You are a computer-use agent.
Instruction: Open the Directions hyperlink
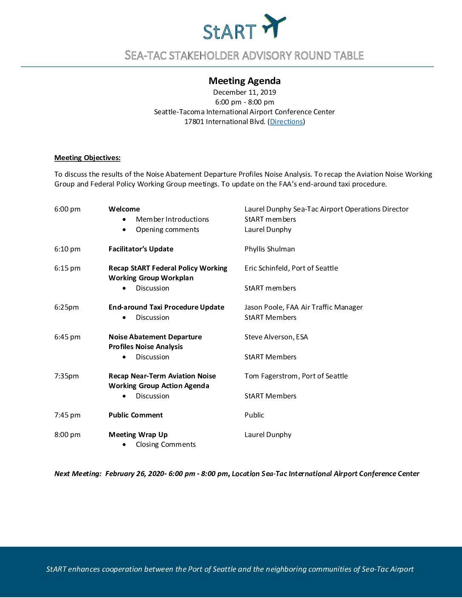[286, 122]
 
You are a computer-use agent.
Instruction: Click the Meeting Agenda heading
[245, 81]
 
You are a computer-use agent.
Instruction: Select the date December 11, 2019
[245, 92]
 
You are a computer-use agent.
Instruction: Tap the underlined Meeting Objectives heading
[87, 158]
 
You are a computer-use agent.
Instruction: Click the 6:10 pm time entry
[68, 249]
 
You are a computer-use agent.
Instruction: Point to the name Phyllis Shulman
[270, 249]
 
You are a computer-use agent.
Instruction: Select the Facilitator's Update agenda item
[141, 249]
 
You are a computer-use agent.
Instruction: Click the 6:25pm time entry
[67, 307]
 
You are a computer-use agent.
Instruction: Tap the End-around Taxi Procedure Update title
[166, 307]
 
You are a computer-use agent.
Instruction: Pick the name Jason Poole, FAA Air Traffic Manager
[304, 307]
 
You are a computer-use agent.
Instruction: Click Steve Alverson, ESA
[276, 337]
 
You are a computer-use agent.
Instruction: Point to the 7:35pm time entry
[67, 376]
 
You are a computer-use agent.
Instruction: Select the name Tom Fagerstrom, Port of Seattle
[296, 376]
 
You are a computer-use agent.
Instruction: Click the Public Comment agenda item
[136, 415]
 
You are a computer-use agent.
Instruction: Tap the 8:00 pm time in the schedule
[68, 434]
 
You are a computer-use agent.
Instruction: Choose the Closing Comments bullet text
[166, 444]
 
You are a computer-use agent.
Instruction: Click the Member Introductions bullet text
[172, 219]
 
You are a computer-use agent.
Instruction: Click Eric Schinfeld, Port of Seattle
[291, 268]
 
